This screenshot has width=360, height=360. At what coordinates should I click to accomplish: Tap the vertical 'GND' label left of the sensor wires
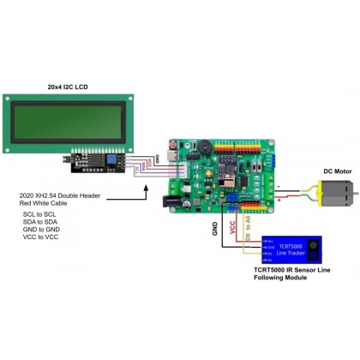(x=213, y=229)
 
